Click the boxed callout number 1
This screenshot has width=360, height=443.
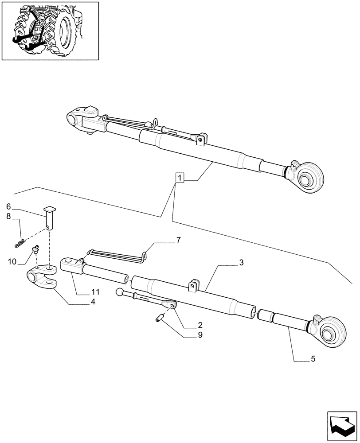point(179,178)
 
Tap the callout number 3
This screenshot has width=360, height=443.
point(241,263)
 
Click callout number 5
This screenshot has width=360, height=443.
point(313,359)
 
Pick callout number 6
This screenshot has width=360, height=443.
point(8,206)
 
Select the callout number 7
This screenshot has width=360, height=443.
point(178,240)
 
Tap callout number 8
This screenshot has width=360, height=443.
point(8,217)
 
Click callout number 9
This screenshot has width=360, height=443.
point(200,335)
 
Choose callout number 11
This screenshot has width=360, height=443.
point(96,292)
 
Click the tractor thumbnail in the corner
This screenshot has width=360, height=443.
point(50,31)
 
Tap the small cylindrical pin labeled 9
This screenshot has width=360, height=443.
point(160,317)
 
